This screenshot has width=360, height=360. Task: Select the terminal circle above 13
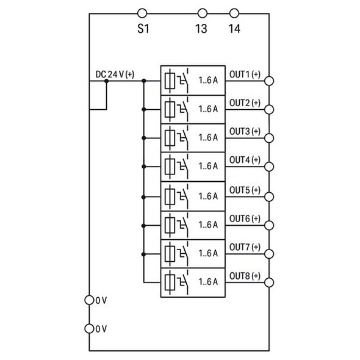coord(202,12)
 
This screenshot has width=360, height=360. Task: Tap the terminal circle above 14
coord(233,12)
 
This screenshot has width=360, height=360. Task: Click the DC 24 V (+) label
coord(115,74)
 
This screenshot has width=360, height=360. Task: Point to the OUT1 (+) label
coord(244,74)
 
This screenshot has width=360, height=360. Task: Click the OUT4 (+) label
coord(244,160)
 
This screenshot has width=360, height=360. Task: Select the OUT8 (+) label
coord(244,276)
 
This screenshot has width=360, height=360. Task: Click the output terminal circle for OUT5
coord(269,196)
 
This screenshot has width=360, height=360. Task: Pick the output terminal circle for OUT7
coord(269,253)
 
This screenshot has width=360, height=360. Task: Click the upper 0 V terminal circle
coord(90,300)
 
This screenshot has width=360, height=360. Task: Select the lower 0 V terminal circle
coord(90,328)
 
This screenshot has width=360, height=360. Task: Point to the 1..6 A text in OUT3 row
coord(208,138)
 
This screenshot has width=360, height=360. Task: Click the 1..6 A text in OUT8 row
coord(208,282)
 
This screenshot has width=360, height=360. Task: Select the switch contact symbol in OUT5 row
coord(185,195)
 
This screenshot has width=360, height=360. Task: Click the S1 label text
coord(142,28)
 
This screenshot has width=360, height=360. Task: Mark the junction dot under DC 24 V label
coord(106,81)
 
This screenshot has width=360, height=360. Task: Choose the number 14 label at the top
coord(233,28)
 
